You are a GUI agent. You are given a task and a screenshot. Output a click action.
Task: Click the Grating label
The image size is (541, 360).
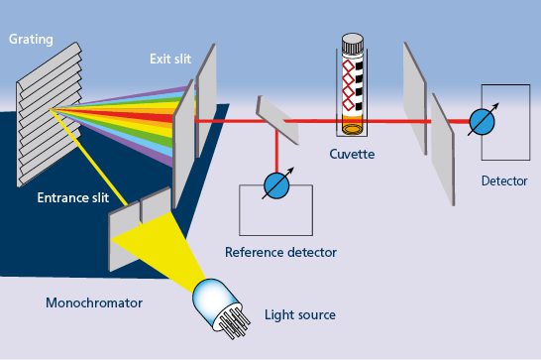31,40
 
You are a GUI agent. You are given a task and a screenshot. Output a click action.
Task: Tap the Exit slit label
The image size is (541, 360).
170,59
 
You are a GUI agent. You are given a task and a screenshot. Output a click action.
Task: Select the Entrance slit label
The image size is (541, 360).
73,197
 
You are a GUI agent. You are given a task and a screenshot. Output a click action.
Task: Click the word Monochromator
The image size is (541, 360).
94,303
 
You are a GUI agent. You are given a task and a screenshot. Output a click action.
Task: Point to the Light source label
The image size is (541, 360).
300,315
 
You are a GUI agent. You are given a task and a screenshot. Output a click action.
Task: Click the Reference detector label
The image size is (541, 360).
280,252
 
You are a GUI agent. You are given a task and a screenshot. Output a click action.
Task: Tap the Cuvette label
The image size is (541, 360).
352,154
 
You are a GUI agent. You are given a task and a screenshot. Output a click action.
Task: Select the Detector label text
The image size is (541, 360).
504,180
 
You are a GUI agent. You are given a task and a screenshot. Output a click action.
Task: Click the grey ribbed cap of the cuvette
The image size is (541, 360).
353,44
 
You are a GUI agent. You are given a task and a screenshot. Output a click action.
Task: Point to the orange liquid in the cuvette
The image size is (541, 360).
353,125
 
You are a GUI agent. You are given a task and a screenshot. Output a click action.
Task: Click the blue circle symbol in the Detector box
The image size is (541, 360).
483,122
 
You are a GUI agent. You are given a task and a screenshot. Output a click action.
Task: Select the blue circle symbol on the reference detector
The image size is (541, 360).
276,186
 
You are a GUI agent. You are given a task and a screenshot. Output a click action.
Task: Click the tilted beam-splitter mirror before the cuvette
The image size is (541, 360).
277,120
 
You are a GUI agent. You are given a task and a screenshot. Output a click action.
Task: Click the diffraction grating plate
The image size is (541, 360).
49,114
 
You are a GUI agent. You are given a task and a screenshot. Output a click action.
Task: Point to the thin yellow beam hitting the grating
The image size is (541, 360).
89,158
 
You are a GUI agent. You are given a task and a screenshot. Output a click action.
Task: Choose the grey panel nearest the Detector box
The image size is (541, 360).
443,149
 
